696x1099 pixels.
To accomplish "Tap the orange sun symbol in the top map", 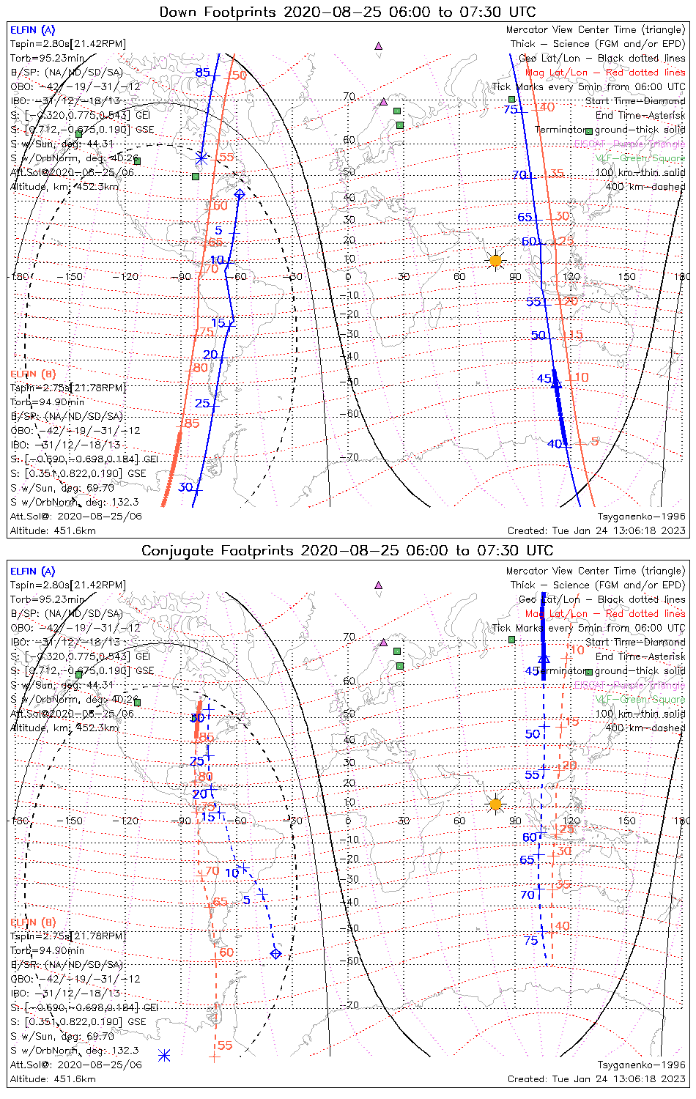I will pos(496,260).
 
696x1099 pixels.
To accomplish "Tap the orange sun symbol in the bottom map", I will pos(496,804).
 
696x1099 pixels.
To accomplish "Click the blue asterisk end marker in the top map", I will pos(201,158).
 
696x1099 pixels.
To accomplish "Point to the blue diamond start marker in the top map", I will pos(239,194).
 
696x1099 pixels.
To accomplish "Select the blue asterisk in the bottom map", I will pos(164,1055).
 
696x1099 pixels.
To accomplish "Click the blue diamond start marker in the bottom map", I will pos(275,953).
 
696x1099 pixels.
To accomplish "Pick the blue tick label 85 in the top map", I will pos(202,73).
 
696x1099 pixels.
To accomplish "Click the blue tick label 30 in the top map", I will pos(185,487).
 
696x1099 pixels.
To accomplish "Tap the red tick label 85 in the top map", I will pos(191,423).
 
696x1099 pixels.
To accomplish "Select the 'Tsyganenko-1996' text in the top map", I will pos(641,517).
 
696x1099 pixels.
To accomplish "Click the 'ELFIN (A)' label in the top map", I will pos(32,30).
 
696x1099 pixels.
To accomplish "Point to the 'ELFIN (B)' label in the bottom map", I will pos(32,922).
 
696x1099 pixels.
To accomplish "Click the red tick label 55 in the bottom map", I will pos(225,1046).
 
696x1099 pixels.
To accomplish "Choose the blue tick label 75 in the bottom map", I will pos(531,941).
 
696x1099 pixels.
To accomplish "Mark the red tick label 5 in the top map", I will pos(595,442).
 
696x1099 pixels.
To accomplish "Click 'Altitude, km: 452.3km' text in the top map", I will pos(64,187).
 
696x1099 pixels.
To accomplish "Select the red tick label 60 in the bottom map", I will pos(226,952).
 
